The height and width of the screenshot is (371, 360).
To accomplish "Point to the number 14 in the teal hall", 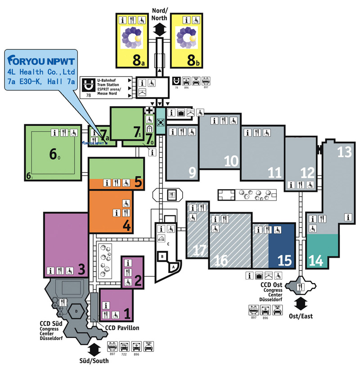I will click(x=316, y=259).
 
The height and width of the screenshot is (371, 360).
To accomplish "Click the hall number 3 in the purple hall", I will click(x=81, y=269).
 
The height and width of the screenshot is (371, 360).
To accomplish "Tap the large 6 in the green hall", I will click(x=53, y=154).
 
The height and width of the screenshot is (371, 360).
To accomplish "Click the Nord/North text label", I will click(x=159, y=15).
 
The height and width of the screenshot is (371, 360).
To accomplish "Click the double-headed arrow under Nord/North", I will click(x=159, y=30).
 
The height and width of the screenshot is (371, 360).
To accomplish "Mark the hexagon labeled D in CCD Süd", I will click(x=76, y=311).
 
